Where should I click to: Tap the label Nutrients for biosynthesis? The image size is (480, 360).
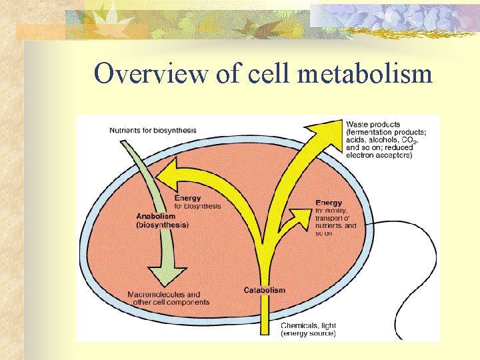pos(149,129)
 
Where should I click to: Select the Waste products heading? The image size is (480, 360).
pos(373,124)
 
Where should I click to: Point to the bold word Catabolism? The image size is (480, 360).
pos(265,290)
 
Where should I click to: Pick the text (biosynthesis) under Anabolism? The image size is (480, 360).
pos(163,225)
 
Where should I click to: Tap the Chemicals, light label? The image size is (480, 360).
pos(309,325)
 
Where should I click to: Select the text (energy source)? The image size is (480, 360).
pos(308,333)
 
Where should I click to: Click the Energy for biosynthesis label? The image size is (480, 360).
pos(197,202)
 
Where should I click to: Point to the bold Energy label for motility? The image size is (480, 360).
pos(329,203)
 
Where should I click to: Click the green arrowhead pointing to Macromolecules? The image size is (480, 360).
pos(167,275)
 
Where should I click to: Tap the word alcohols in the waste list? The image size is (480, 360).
pos(383,140)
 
